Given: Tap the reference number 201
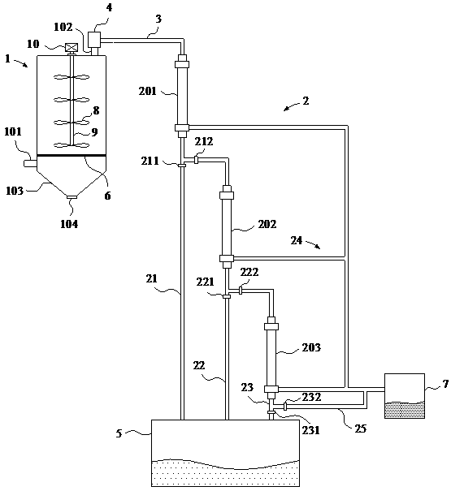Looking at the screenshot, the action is [x=147, y=91].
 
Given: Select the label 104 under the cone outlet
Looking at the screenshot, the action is [x=69, y=224].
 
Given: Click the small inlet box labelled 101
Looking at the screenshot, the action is [x=30, y=163].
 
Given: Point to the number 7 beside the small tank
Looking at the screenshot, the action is [x=445, y=384].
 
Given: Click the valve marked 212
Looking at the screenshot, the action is [x=196, y=160].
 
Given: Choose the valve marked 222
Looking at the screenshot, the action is [x=241, y=291].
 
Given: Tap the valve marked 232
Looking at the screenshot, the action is [x=284, y=407].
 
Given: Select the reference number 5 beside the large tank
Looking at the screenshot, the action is [x=119, y=433].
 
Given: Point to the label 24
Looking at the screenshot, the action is [x=297, y=240].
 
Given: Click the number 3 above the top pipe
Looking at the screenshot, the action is [x=158, y=19].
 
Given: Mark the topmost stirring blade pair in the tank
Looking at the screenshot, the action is [x=72, y=77].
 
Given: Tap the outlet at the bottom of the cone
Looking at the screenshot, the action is [x=72, y=197].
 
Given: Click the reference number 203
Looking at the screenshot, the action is [x=311, y=347].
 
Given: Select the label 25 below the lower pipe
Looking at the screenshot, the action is [x=360, y=429].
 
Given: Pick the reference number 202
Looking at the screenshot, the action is [x=267, y=224].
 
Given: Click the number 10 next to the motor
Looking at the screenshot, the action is [x=33, y=44].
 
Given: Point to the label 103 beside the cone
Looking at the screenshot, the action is [x=15, y=191].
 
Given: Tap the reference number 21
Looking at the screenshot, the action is [x=151, y=278].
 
